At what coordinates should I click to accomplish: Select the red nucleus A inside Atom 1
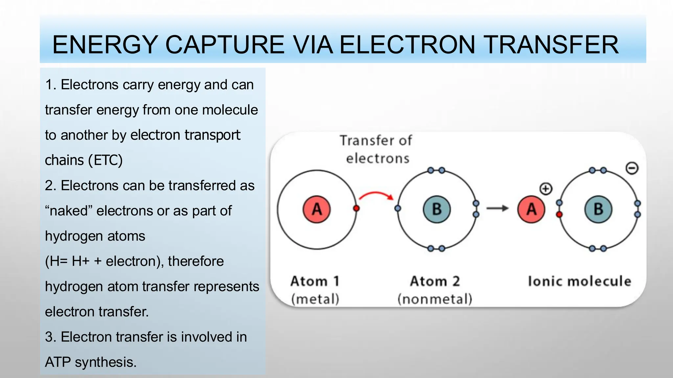tap(316, 209)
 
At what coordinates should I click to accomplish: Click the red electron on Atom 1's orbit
tap(356, 208)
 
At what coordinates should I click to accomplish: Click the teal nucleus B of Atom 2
tap(436, 209)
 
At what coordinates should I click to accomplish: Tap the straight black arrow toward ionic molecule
tap(497, 208)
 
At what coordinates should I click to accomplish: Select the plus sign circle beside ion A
tap(546, 189)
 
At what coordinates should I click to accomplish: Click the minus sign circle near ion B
tap(632, 168)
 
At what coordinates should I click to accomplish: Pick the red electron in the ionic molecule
tap(559, 215)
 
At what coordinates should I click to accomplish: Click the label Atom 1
tap(315, 281)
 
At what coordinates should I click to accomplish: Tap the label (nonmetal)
tap(435, 299)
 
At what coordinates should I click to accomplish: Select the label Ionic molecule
tap(579, 281)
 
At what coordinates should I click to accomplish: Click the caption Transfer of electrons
tap(377, 149)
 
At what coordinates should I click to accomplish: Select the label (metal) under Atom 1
tap(315, 299)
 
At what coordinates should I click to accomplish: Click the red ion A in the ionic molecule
tap(531, 209)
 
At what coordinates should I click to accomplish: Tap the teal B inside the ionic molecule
tap(598, 209)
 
